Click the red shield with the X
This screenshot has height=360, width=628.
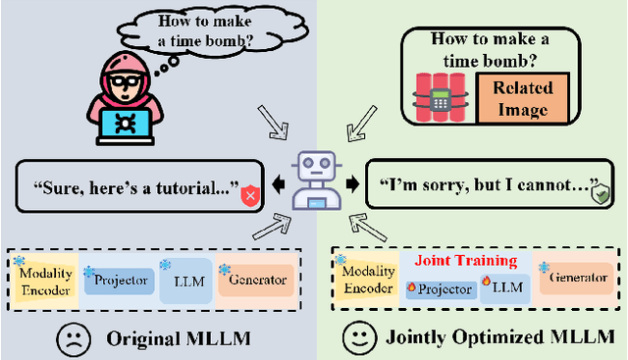pyautogui.click(x=249, y=194)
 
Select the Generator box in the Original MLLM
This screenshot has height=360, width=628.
pyautogui.click(x=257, y=280)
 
